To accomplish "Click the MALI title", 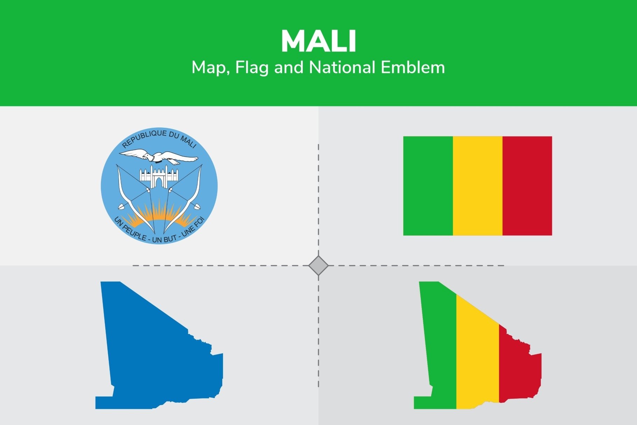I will tap(318, 42).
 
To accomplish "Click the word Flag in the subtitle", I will tap(252, 67).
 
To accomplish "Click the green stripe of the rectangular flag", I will tap(428, 186).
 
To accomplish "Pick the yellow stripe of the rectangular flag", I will tap(477, 186).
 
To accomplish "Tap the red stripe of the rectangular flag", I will tap(527, 186).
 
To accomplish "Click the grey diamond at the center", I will tap(318, 266).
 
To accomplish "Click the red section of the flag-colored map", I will tap(520, 368).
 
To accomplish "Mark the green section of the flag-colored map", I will tap(439, 350).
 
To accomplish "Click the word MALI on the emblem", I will tap(188, 141).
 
